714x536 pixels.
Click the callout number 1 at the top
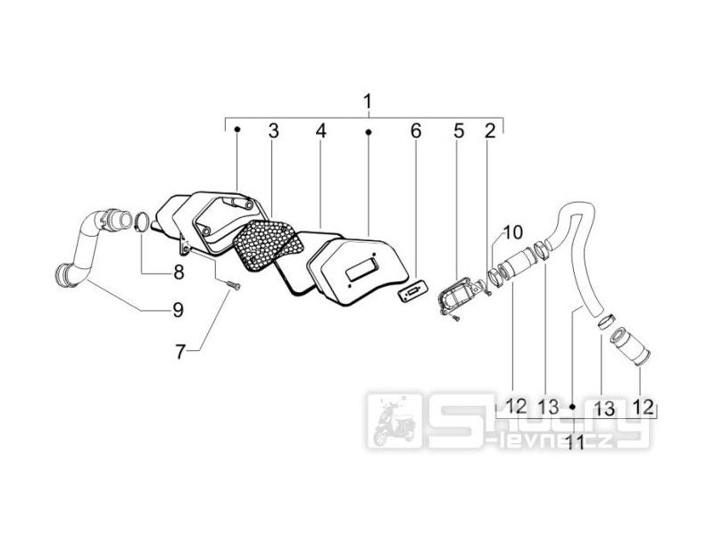tap(368, 101)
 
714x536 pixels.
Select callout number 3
tap(273, 130)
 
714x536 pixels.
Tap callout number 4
tap(321, 130)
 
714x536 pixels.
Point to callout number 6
tap(416, 130)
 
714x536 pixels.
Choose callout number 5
tap(459, 130)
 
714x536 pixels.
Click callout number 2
tap(489, 130)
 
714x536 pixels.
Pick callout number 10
tap(512, 232)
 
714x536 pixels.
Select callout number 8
tap(178, 272)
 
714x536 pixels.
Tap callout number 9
tap(178, 310)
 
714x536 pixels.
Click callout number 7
tap(180, 351)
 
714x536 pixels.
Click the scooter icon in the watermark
tap(394, 421)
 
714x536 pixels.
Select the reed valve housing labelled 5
tap(460, 297)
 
